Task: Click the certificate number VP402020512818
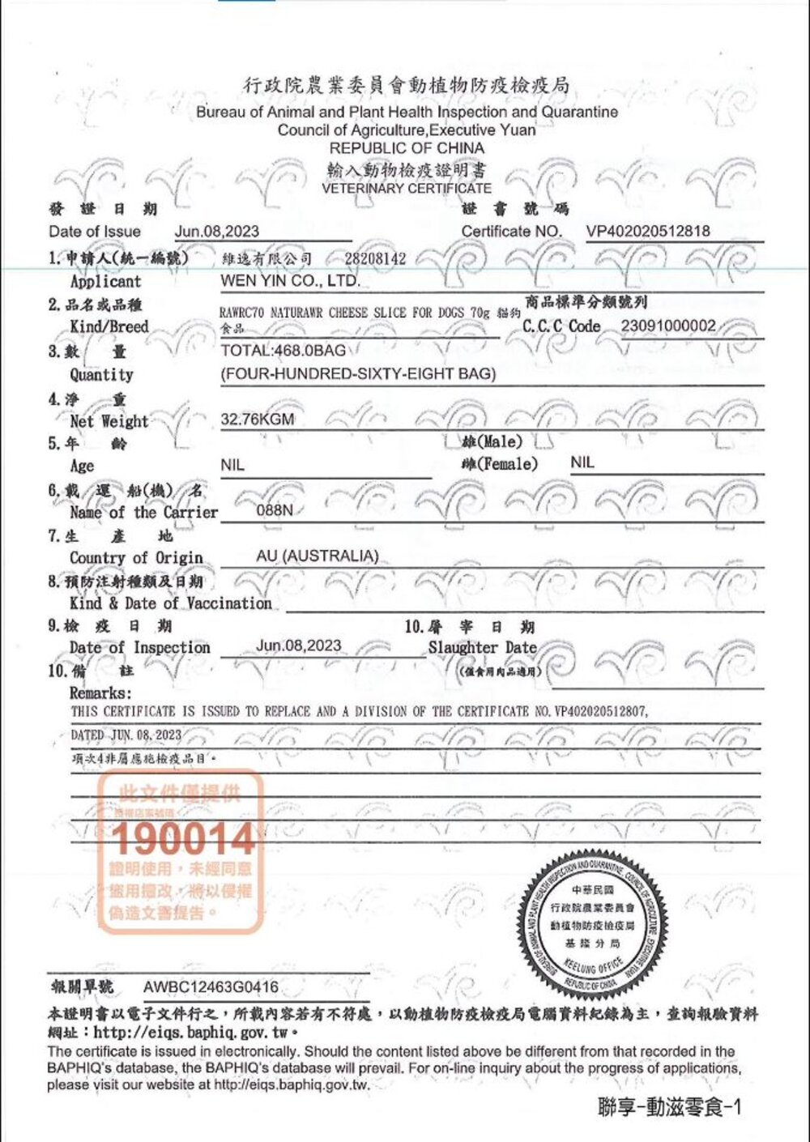pos(648,231)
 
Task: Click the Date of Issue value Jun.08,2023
pos(217,231)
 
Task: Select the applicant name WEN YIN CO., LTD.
pos(290,281)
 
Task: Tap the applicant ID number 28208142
pos(375,259)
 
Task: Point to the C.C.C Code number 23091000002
pos(668,326)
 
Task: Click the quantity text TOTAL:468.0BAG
pos(283,351)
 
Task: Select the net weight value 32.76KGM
pos(258,420)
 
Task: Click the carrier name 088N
pos(275,510)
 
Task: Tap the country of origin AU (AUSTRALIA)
pos(317,556)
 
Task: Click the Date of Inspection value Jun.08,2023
pos(298,646)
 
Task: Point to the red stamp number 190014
pos(183,839)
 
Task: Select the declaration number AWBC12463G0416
pos(211,986)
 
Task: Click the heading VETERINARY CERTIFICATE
pos(406,188)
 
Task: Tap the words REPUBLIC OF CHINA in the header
pos(406,148)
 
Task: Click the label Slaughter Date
pos(482,648)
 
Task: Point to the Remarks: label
pos(100,693)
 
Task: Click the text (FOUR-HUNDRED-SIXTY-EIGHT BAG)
pos(358,374)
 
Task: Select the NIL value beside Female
pos(582,462)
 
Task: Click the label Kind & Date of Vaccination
pos(170,603)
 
